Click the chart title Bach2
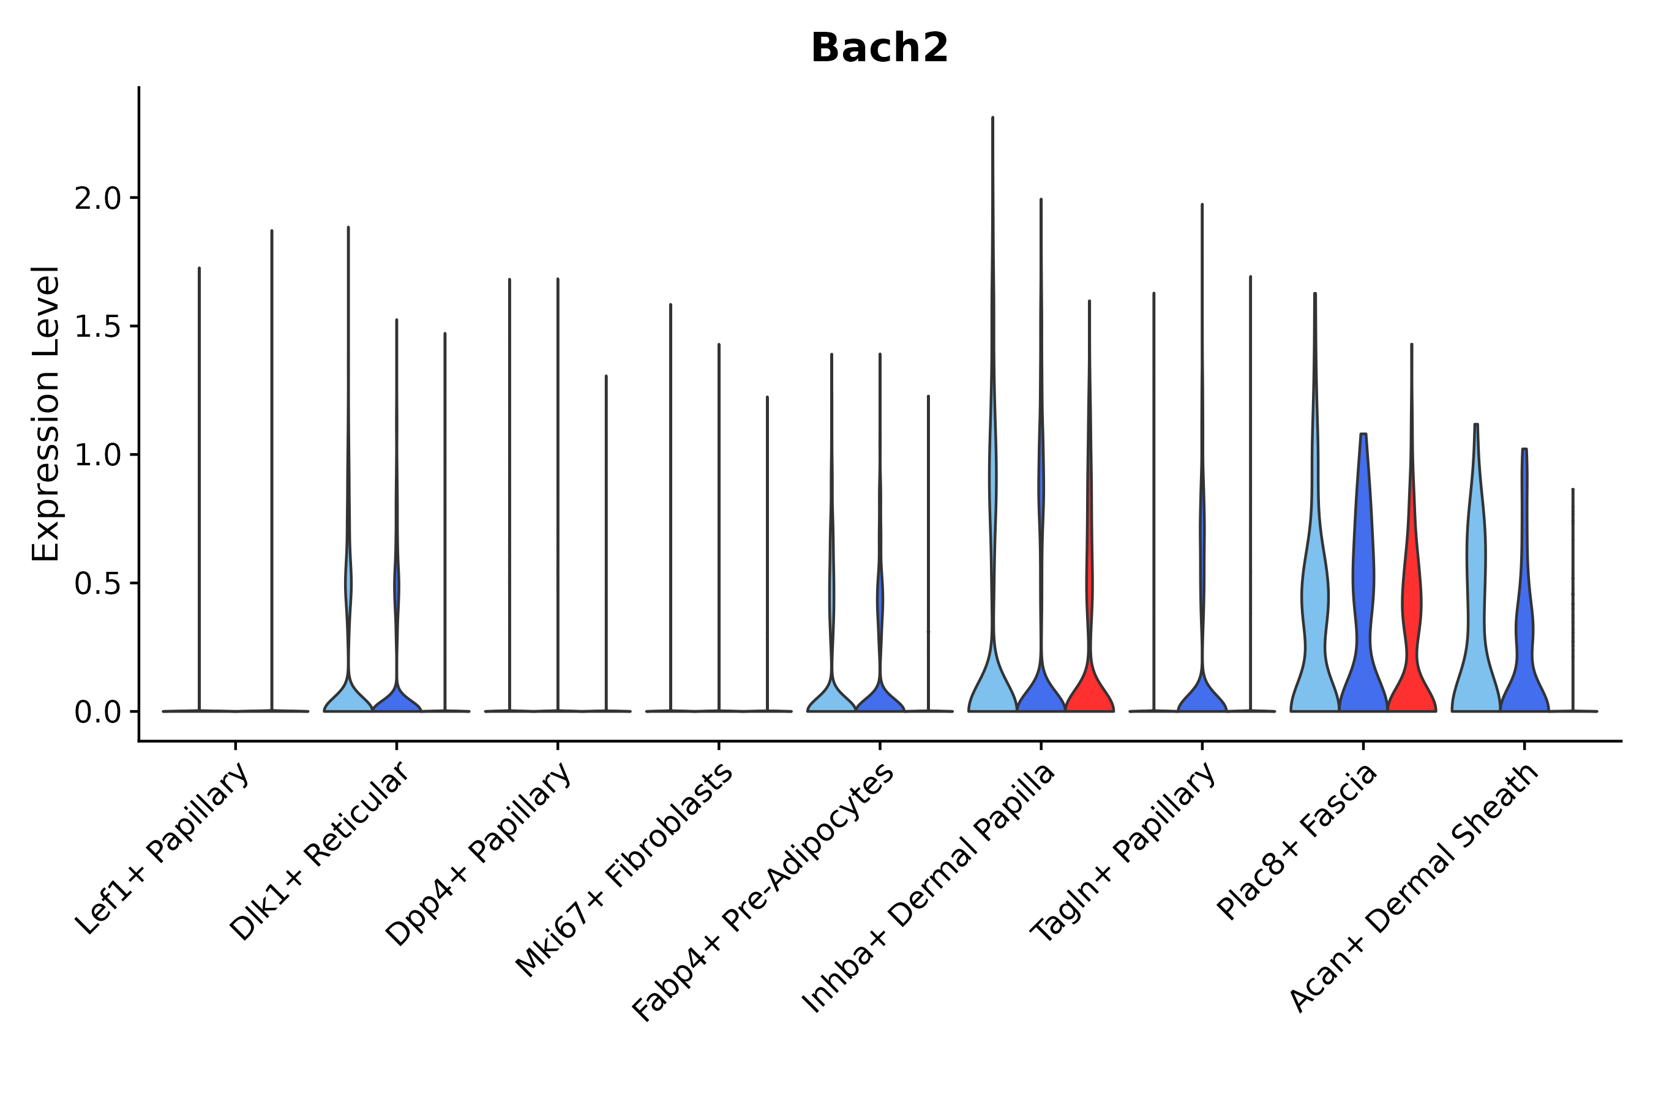pos(879,48)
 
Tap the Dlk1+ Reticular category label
pos(320,850)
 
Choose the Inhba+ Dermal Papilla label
pos(928,888)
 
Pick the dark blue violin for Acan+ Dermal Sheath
pos(1524,675)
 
